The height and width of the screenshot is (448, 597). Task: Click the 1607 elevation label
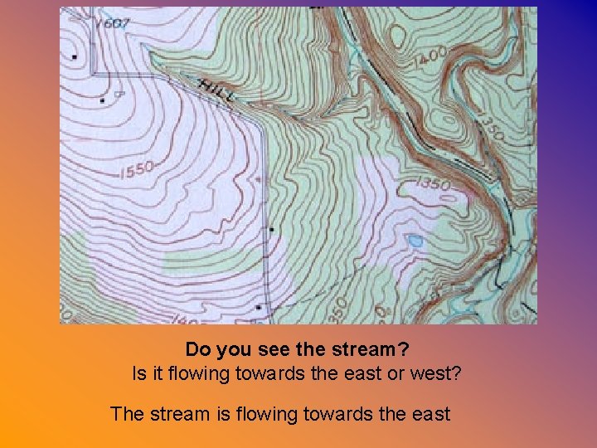click(114, 23)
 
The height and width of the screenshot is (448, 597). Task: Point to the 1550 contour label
click(138, 171)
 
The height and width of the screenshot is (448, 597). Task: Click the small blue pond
click(415, 241)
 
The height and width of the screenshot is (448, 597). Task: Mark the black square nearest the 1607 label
click(75, 56)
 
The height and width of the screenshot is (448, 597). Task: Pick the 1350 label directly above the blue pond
click(433, 184)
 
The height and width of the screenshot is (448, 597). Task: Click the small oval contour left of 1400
click(398, 36)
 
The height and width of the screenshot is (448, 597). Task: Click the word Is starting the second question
click(139, 373)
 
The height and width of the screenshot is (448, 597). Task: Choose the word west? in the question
click(435, 373)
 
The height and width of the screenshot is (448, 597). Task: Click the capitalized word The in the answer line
click(127, 413)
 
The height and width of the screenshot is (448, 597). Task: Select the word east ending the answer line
click(429, 413)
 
